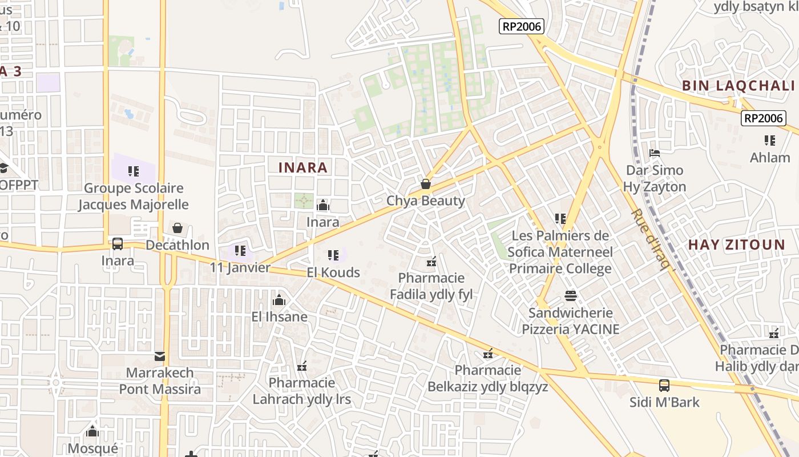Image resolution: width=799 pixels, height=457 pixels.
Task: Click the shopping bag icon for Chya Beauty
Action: click(425, 184)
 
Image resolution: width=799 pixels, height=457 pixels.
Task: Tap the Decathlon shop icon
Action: click(177, 228)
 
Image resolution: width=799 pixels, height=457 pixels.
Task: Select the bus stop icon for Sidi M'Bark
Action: click(664, 386)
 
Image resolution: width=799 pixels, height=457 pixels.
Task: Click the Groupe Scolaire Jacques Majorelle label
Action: click(134, 196)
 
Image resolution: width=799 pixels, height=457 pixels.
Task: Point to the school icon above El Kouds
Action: click(333, 255)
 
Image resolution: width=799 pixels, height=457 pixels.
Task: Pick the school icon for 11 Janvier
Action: click(240, 251)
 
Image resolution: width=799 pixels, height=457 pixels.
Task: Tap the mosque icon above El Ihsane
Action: click(279, 300)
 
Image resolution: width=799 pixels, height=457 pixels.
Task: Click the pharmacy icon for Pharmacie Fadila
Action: click(431, 262)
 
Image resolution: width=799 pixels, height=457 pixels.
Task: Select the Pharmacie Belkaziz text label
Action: click(488, 379)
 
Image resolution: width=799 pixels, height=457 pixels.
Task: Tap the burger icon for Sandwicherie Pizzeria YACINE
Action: click(571, 296)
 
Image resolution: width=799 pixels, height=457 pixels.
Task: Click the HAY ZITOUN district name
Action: click(736, 245)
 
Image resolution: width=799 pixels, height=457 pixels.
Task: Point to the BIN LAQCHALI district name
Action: click(739, 86)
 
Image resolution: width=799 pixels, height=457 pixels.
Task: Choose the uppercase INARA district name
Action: click(303, 167)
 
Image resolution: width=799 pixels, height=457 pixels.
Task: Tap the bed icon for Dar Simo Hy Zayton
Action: click(655, 153)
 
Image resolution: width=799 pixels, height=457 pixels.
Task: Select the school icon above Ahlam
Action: click(770, 140)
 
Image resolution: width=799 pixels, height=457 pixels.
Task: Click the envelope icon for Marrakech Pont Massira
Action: click(160, 357)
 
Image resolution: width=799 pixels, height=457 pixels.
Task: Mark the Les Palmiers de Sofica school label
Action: click(560, 252)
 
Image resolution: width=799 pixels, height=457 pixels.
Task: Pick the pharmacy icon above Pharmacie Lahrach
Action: click(302, 366)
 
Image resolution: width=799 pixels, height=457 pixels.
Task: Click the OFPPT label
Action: click(19, 185)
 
